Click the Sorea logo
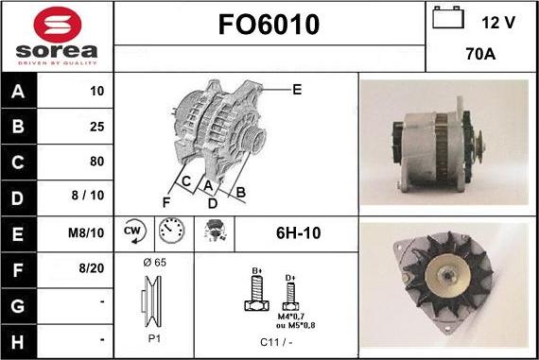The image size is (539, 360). tap(57, 36)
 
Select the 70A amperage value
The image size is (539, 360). tap(482, 55)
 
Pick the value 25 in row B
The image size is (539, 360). tap(96, 127)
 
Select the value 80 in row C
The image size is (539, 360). tap(96, 161)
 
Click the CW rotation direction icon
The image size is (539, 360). tap(132, 231)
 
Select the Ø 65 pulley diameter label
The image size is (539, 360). tap(154, 262)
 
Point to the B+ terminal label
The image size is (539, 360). tap(255, 270)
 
